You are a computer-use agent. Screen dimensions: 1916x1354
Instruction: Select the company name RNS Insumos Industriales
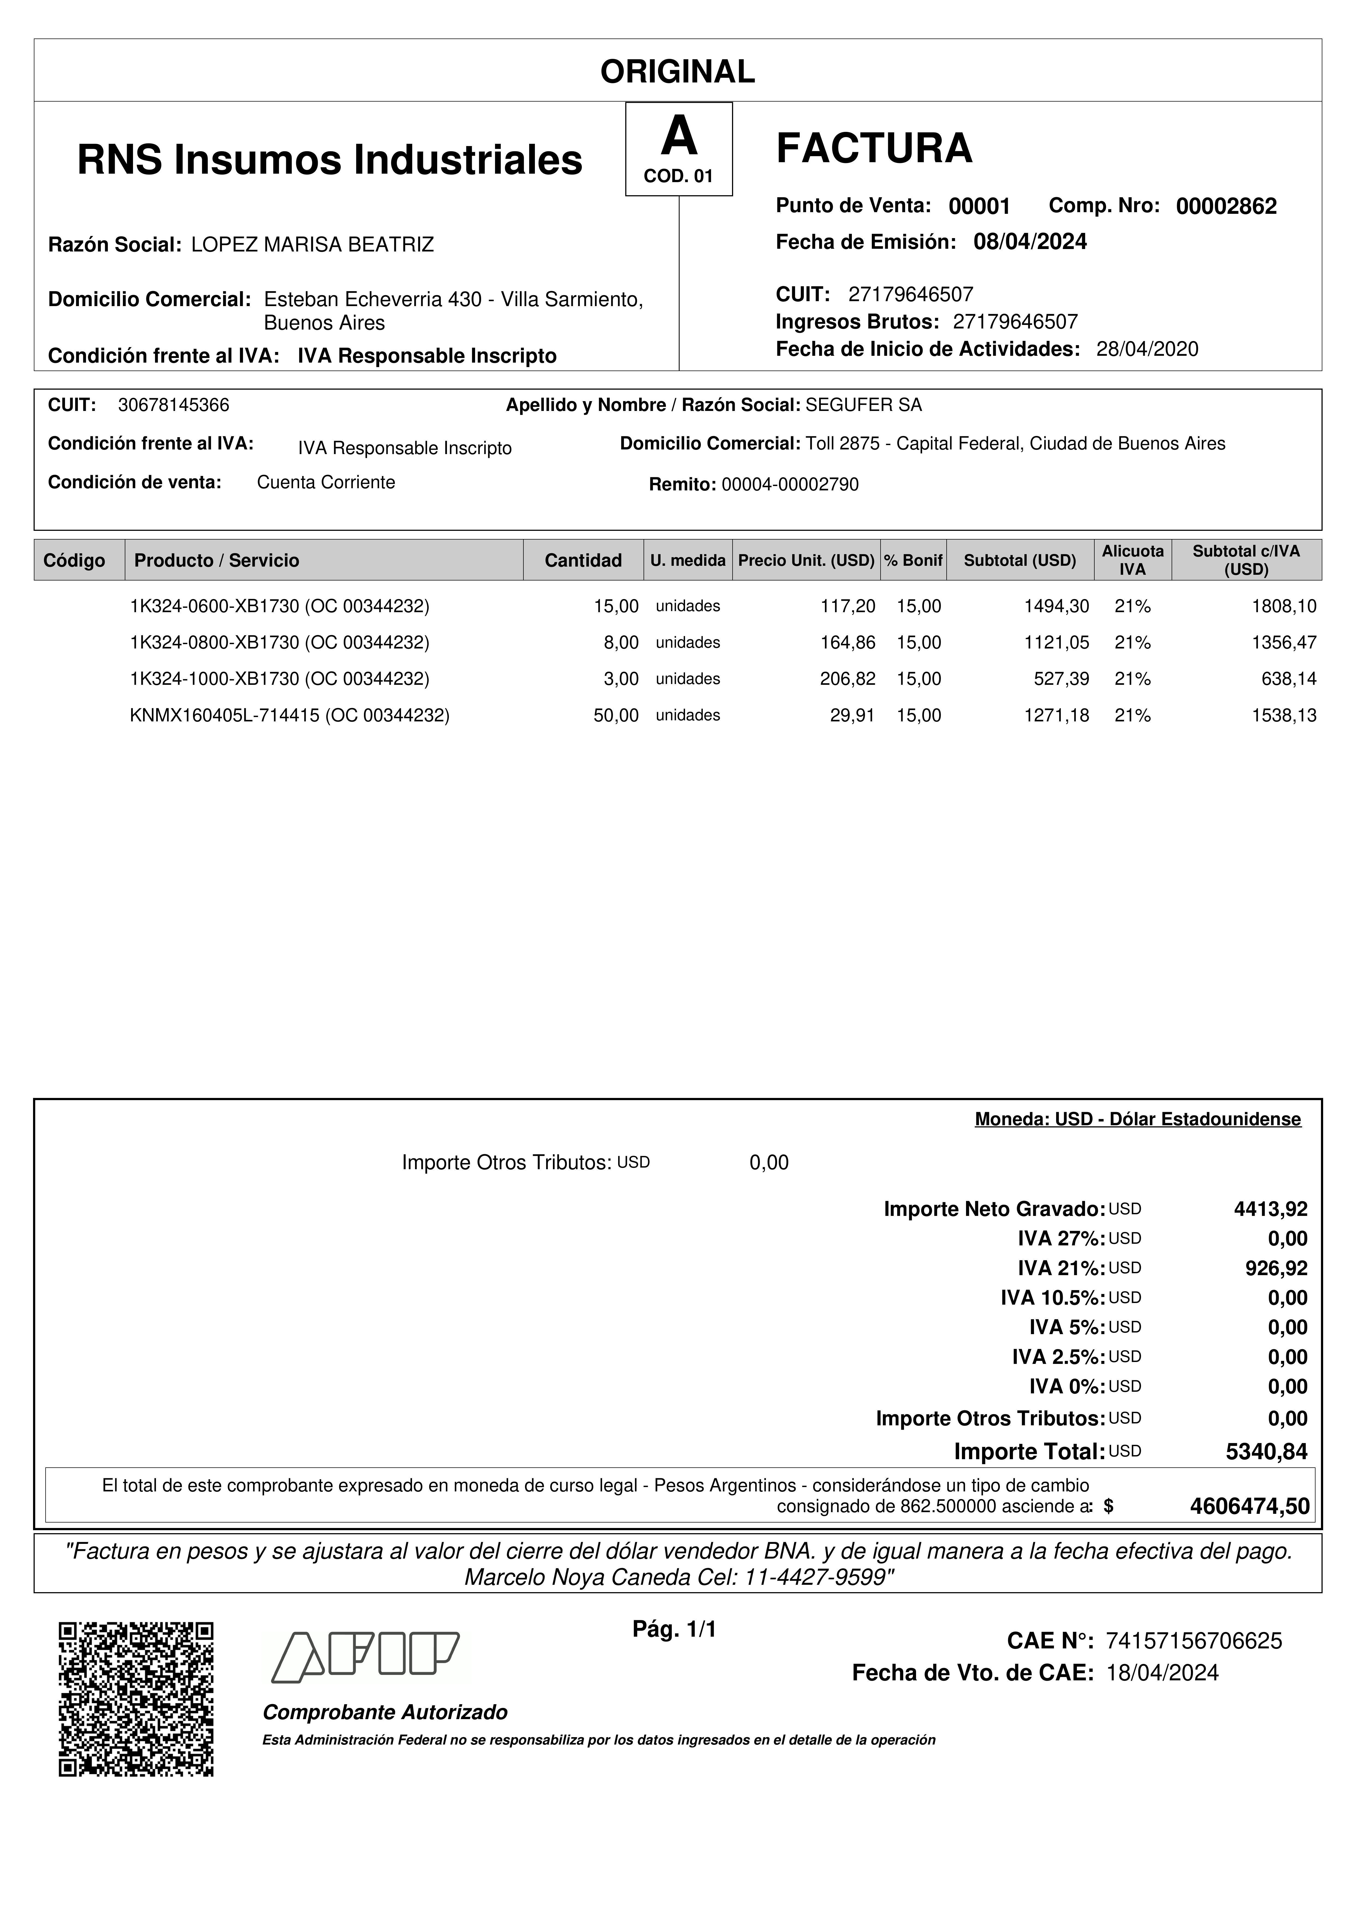tap(330, 159)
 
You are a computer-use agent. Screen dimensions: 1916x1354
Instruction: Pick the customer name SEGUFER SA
tap(863, 405)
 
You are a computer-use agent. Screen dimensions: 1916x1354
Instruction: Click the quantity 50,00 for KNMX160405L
tap(616, 715)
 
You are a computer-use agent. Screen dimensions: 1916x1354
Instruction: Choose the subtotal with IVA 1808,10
tap(1284, 607)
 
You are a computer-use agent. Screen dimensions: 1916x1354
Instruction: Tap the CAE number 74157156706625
tap(1193, 1642)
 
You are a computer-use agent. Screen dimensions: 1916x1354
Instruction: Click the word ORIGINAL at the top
tap(677, 72)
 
